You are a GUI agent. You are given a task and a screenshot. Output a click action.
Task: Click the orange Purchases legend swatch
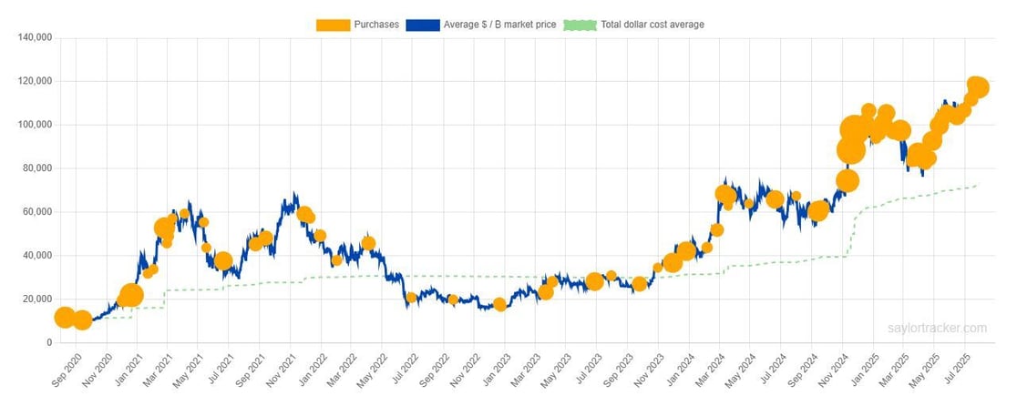(x=337, y=25)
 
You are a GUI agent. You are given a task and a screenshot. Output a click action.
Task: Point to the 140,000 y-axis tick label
(x=34, y=38)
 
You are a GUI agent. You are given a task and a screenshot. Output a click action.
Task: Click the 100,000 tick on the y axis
(x=34, y=125)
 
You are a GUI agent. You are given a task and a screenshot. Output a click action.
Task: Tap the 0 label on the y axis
(x=47, y=343)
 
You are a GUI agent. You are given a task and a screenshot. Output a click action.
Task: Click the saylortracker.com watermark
(x=937, y=329)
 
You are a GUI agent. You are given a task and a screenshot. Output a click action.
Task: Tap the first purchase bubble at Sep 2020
(x=65, y=317)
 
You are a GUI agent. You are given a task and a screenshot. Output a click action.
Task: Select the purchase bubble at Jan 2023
(x=499, y=304)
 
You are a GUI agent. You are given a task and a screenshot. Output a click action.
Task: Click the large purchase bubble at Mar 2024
(x=725, y=194)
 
